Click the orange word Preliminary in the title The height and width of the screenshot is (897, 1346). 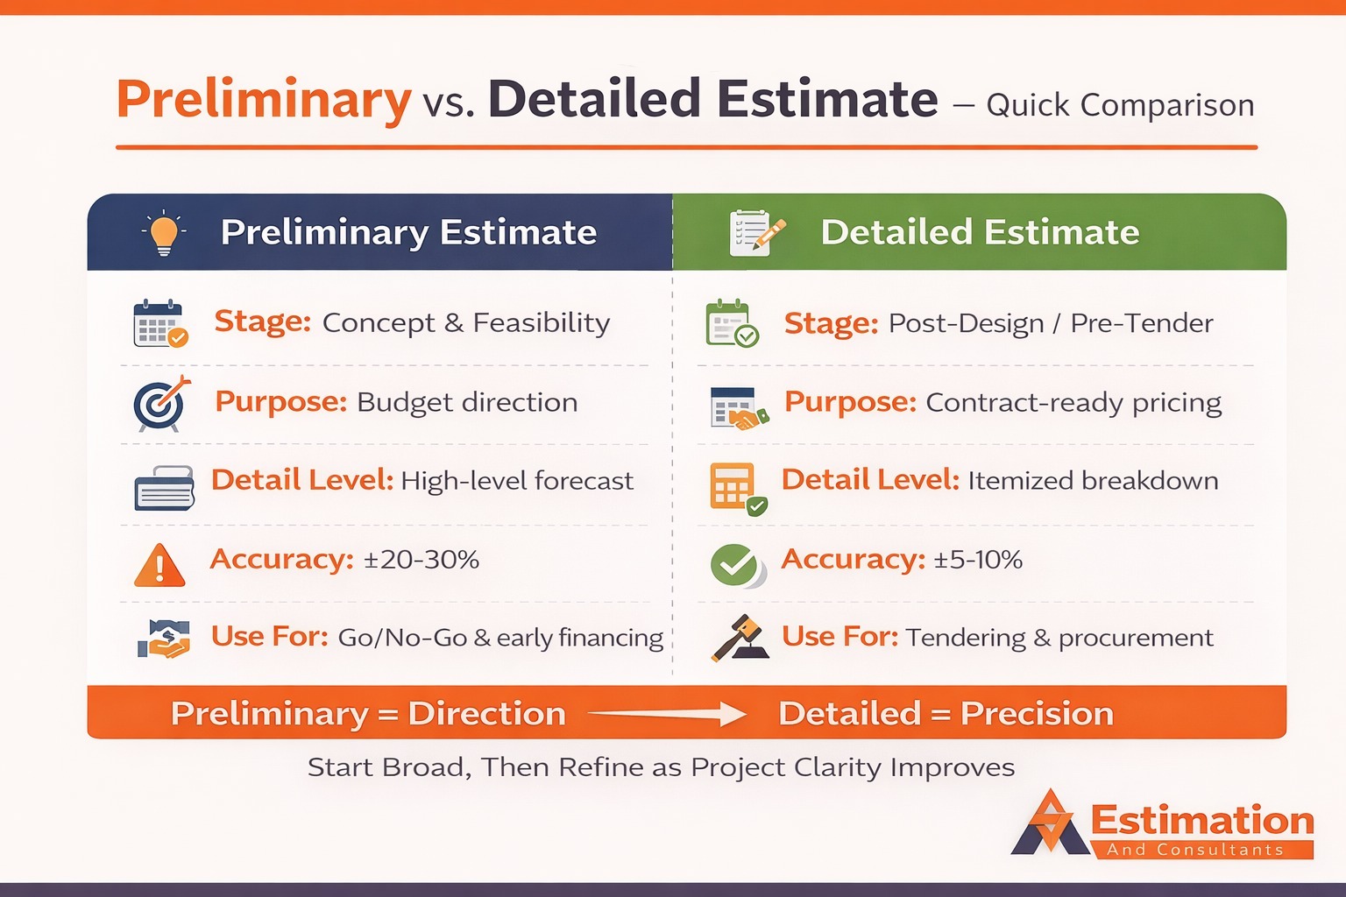click(263, 99)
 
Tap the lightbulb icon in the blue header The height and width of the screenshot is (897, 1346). click(164, 233)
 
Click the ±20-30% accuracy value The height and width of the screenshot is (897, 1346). click(422, 560)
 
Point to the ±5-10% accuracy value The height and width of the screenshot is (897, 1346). click(978, 560)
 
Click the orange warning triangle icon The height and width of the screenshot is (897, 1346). click(159, 566)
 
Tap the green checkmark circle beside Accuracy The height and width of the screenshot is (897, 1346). click(735, 565)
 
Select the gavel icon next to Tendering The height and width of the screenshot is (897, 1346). click(739, 638)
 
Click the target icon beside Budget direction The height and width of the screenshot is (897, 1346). click(160, 404)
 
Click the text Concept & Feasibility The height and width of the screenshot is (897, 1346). click(465, 323)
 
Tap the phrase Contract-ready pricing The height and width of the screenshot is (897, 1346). click(1073, 403)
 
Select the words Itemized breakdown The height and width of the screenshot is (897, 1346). click(1093, 481)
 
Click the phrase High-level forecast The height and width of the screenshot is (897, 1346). click(516, 481)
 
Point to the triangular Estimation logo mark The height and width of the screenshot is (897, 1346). click(1050, 824)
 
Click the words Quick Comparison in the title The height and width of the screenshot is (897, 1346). click(1120, 105)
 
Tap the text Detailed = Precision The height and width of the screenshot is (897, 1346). click(946, 714)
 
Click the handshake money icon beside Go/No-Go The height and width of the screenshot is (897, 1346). click(164, 639)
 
